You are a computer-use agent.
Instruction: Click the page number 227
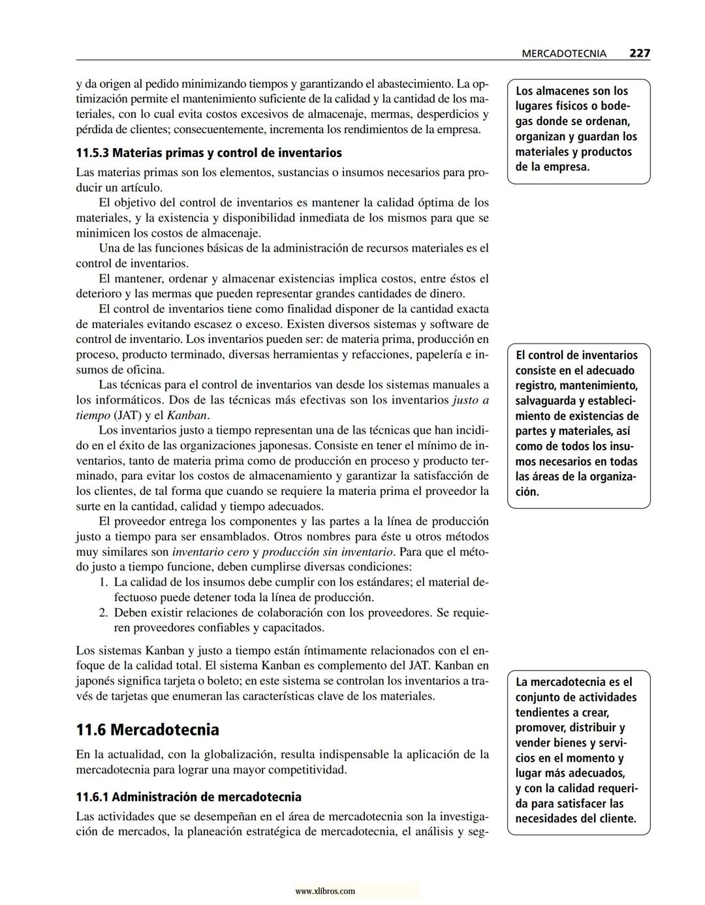pos(639,53)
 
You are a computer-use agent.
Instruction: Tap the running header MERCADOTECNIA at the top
pos(564,54)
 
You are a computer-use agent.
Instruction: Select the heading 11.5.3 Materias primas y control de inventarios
pos(208,153)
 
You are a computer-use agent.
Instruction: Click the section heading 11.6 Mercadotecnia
pos(148,730)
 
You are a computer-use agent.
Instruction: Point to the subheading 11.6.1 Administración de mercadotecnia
pos(189,797)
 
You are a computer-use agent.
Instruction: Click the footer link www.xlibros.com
pos(325,891)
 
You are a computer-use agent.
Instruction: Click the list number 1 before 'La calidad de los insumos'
pos(103,582)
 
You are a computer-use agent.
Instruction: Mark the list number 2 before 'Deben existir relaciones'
pos(103,613)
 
